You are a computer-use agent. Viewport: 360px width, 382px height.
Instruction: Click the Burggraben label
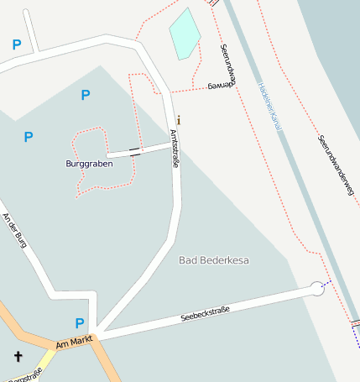point(89,163)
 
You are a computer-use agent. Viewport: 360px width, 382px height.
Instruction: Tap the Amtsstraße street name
point(175,149)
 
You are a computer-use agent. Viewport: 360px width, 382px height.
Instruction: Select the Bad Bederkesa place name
point(214,260)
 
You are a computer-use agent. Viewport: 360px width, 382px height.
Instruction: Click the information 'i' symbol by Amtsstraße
point(178,119)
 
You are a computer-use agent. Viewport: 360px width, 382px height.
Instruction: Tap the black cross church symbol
point(18,357)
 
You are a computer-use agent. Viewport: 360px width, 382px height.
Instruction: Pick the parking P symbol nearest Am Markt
point(80,323)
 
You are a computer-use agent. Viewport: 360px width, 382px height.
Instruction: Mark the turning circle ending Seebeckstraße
point(316,289)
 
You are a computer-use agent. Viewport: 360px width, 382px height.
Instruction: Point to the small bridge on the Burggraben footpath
point(134,154)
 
